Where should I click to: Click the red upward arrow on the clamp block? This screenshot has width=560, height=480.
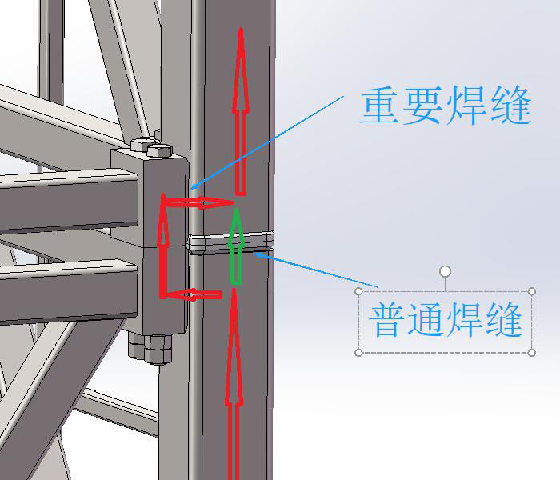click(x=164, y=248)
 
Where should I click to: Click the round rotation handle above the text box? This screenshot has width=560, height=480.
click(x=446, y=272)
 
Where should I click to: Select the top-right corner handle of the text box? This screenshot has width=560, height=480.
click(x=532, y=291)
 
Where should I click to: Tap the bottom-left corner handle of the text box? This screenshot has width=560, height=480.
click(x=358, y=352)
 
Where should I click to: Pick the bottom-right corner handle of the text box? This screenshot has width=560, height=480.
click(x=532, y=352)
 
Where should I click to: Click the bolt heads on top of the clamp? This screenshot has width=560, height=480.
click(x=151, y=146)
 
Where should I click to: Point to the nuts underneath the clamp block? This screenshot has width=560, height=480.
click(x=152, y=347)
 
